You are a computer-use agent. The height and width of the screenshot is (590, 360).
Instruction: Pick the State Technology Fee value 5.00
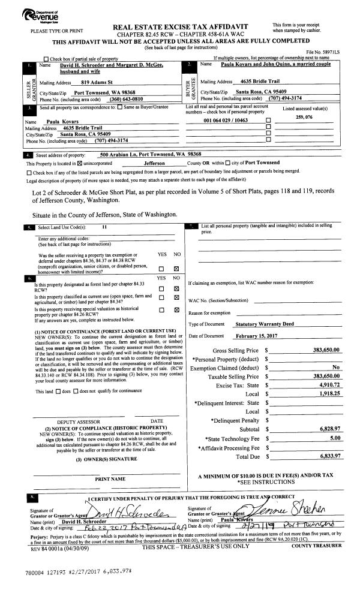pos(335,440)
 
